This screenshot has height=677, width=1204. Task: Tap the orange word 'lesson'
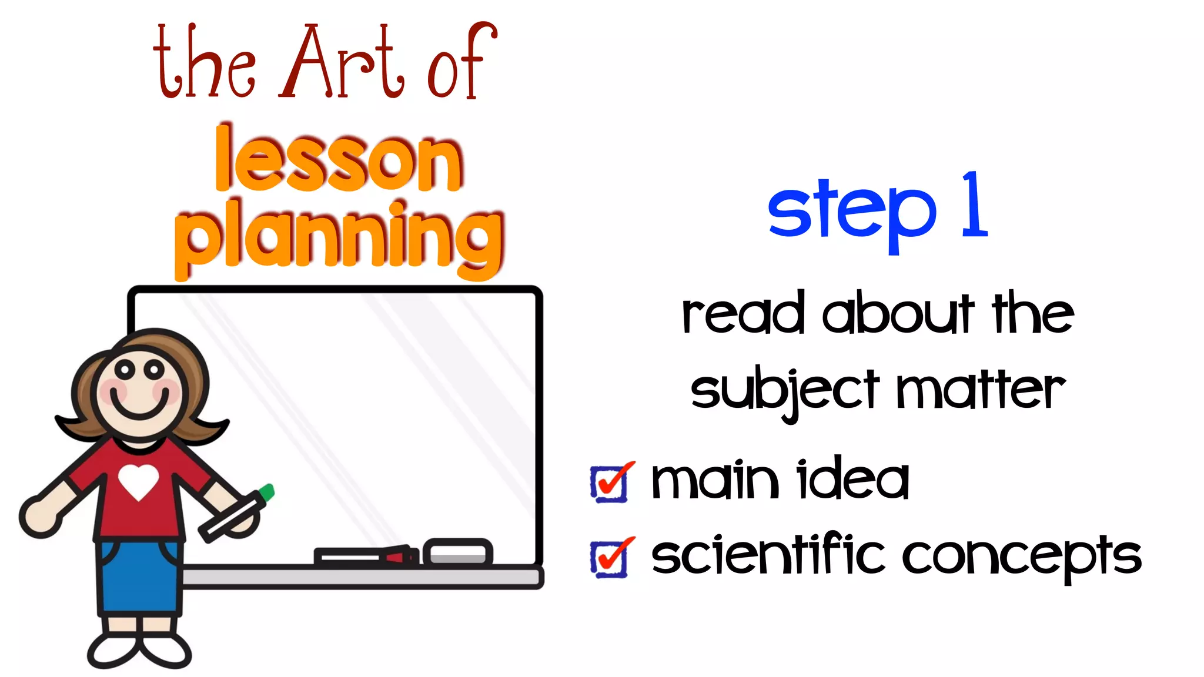coord(339,160)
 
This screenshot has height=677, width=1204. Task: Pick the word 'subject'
coord(785,390)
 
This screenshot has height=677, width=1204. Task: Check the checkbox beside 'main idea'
coord(610,484)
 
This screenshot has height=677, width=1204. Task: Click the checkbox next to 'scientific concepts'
coord(610,558)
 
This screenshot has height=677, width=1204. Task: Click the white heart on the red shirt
coord(139,481)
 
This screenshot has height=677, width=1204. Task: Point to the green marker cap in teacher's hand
coord(266,492)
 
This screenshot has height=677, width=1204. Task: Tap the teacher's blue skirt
coord(139,576)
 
